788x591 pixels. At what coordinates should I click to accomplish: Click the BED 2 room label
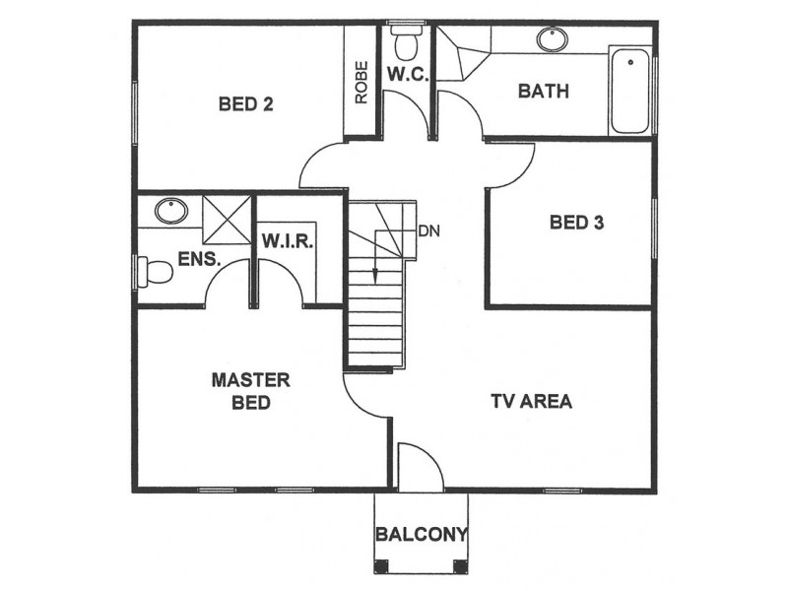pos(245,103)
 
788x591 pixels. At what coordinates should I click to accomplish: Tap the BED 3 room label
pos(576,222)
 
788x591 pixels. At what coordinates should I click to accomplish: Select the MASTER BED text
pos(250,391)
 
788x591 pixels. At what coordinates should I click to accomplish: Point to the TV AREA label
pos(531,401)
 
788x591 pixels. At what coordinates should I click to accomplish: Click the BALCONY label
pos(421,535)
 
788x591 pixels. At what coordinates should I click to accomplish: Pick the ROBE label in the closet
pos(361,82)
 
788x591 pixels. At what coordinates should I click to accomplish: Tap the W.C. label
pos(406,75)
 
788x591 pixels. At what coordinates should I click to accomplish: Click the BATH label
pos(544,92)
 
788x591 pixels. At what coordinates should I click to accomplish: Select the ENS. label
pos(198,260)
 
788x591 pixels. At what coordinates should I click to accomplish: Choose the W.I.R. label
pos(288,241)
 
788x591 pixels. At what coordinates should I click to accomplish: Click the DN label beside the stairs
pos(428,231)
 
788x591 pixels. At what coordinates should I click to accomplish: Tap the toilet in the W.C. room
pos(406,44)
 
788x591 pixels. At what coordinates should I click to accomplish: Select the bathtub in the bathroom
pos(630,90)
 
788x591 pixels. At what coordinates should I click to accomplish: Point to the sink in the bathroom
pos(552,39)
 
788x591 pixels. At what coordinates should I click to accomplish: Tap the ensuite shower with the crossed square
pos(227,219)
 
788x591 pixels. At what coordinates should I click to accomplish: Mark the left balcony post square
pos(381,565)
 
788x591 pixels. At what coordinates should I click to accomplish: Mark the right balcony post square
pos(460,565)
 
